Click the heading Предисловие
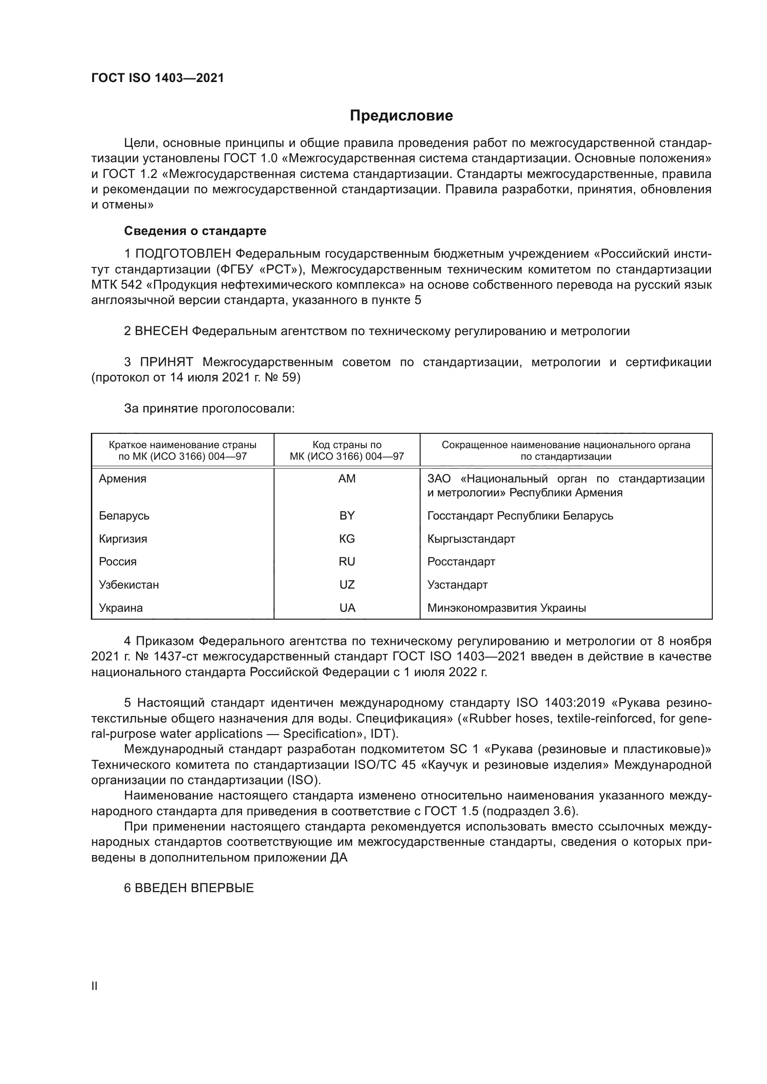pyautogui.click(x=401, y=116)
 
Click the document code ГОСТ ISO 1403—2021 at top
pyautogui.click(x=157, y=78)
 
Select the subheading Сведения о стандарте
pyautogui.click(x=195, y=231)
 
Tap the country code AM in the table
pyautogui.click(x=347, y=479)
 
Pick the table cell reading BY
pyautogui.click(x=347, y=515)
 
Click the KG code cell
pyautogui.click(x=347, y=539)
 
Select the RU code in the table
pyautogui.click(x=347, y=561)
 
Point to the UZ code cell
pyautogui.click(x=347, y=584)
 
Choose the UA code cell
pyautogui.click(x=347, y=608)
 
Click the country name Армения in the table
pyautogui.click(x=122, y=479)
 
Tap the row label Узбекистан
pyautogui.click(x=128, y=584)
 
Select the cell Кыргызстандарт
pyautogui.click(x=471, y=539)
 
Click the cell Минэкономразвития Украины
pyautogui.click(x=506, y=608)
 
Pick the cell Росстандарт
pyautogui.click(x=461, y=561)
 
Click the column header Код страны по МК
pyautogui.click(x=347, y=450)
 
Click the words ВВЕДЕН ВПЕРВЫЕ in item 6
pyautogui.click(x=194, y=887)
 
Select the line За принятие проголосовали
pyautogui.click(x=209, y=408)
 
